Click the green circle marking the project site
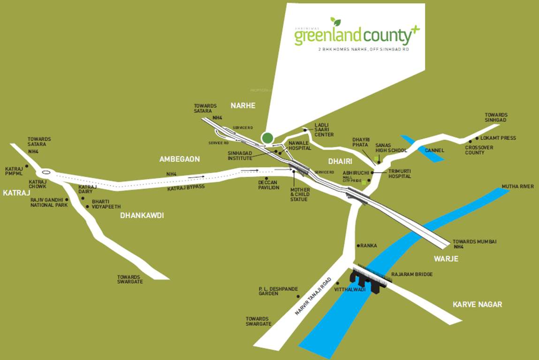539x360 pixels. point(267,138)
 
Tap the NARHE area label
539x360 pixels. point(243,106)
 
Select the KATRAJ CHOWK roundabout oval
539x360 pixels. point(45,172)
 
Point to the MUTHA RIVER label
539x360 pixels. point(517,187)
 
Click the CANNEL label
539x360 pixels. point(434,150)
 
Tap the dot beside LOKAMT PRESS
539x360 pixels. point(477,138)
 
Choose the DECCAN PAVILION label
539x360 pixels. point(269,185)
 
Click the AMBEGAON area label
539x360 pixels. point(179,159)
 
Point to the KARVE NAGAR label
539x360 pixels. point(477,305)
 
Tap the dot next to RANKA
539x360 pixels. point(358,245)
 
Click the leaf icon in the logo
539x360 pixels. point(335,22)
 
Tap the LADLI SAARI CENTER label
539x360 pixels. point(324,130)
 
